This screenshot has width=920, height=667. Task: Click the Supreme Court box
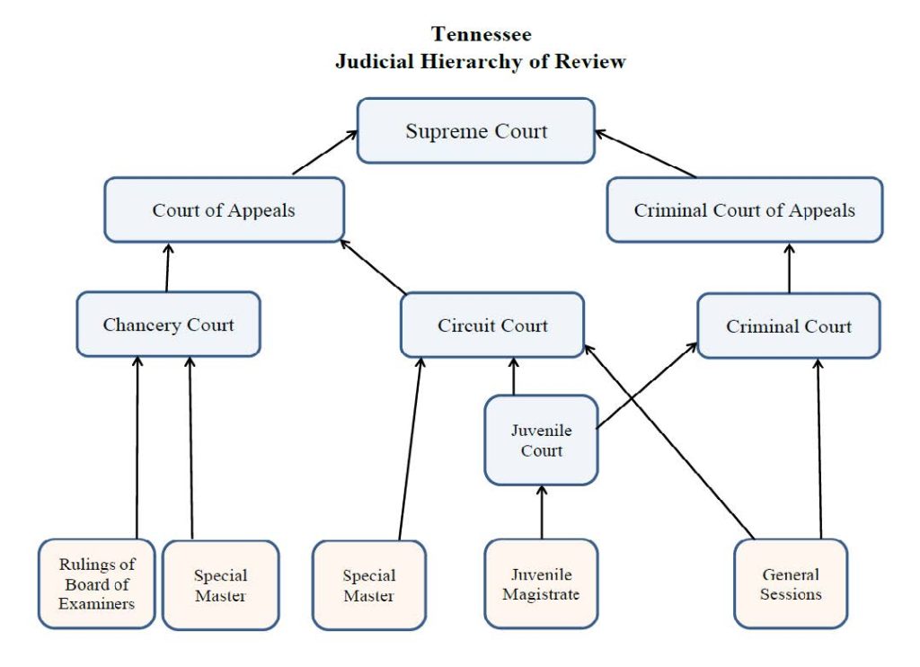click(x=475, y=131)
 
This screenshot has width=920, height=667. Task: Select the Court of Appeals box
click(x=224, y=210)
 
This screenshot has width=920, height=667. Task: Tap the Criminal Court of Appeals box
click(x=744, y=210)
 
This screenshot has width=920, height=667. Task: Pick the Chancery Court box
click(x=168, y=325)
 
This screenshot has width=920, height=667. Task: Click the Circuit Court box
click(x=492, y=325)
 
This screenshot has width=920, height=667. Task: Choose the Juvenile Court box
click(x=541, y=440)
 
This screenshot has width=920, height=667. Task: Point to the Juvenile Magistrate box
click(x=541, y=583)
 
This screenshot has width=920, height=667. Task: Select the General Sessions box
click(x=790, y=583)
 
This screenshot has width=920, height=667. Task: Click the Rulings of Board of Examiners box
click(x=96, y=583)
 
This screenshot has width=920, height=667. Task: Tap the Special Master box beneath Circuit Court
click(x=368, y=584)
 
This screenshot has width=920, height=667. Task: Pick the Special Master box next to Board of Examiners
click(x=220, y=584)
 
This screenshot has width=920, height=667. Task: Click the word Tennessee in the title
click(x=481, y=35)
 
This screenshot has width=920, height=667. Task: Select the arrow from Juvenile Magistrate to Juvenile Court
click(x=541, y=512)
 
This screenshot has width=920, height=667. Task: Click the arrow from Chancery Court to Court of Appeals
click(x=167, y=268)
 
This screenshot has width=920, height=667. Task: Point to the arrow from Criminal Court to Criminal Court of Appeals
click(x=789, y=268)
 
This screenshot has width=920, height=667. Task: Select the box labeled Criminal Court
click(x=789, y=325)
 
